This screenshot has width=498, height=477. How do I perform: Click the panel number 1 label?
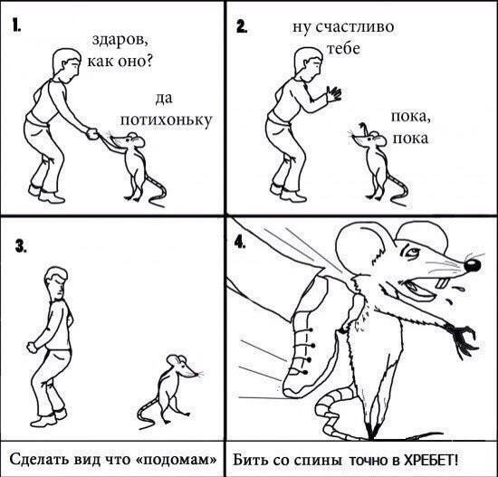(16, 26)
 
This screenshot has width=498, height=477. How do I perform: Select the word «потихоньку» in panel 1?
(166, 119)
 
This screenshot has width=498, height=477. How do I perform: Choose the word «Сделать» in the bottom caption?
(38, 460)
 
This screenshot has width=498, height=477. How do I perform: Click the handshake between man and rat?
(93, 135)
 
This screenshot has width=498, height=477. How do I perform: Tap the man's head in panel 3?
(57, 282)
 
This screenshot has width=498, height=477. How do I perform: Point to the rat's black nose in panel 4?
(473, 264)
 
